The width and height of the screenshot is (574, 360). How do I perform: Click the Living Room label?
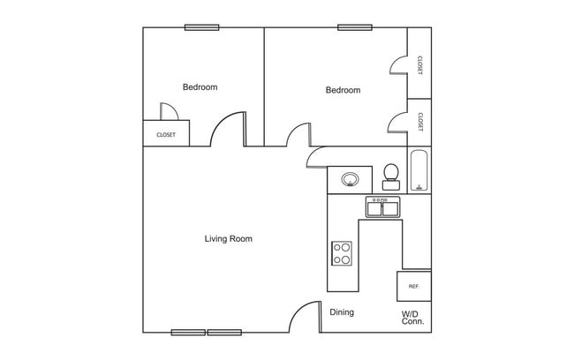point(229,238)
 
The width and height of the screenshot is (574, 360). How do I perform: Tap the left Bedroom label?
point(200,87)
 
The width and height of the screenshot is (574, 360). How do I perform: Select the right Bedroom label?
point(343,90)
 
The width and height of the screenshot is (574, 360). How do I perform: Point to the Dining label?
point(342,312)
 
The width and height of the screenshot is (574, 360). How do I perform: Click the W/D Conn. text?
point(412,318)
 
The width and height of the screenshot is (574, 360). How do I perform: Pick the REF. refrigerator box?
point(413,287)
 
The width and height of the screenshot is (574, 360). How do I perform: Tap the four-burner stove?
point(342,254)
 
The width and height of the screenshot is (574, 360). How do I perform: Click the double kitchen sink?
point(383,207)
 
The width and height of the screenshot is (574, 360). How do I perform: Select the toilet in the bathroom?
point(390,176)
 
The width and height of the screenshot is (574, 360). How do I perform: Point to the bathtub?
point(419,171)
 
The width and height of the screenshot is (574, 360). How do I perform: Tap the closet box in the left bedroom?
point(166,135)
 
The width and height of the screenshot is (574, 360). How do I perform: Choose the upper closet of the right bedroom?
point(419,64)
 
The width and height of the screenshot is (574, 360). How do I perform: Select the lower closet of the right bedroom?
point(419,121)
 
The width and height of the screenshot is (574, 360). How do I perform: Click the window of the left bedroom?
point(201,27)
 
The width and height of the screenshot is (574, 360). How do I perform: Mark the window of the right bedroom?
point(355,27)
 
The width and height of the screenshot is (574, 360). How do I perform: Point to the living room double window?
point(207,332)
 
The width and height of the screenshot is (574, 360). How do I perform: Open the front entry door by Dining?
point(305,317)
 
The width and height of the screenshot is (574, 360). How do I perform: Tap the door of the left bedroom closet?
point(170,111)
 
